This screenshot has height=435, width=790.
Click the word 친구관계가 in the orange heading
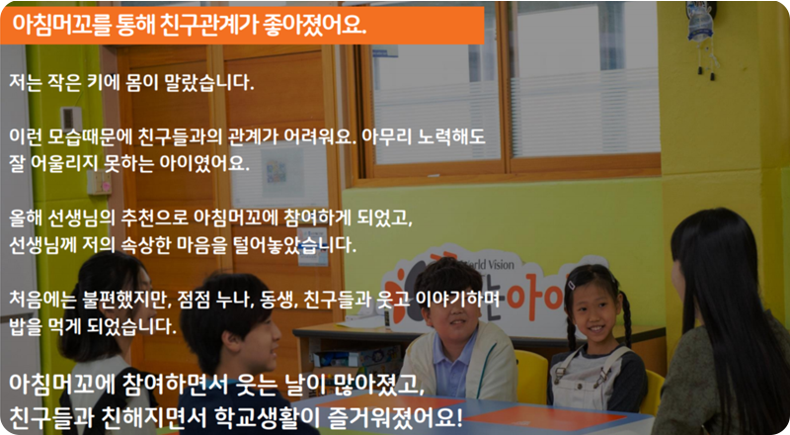click(x=210, y=25)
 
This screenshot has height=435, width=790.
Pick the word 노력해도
click(x=451, y=136)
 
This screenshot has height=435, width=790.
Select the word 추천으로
click(x=154, y=218)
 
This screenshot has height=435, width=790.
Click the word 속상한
click(x=146, y=245)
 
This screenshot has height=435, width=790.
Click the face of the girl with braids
click(x=591, y=313)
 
